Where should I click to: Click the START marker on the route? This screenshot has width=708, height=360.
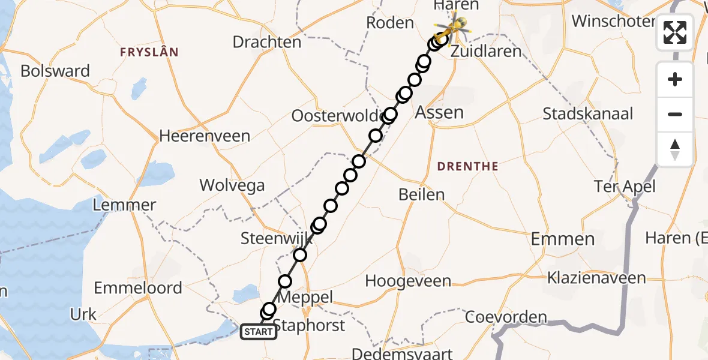[x=259, y=331]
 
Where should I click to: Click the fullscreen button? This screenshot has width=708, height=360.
[x=675, y=32]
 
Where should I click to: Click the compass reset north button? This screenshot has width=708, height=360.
[x=675, y=149]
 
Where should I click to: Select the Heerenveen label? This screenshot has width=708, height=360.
[x=205, y=136]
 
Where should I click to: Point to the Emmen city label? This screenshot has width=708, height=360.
[x=563, y=239]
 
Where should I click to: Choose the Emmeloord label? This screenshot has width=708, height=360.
[x=138, y=288]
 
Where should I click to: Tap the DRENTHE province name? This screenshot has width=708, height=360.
[x=467, y=166]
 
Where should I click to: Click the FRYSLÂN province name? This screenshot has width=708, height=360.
[x=149, y=52]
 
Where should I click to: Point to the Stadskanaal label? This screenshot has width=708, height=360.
[x=588, y=114]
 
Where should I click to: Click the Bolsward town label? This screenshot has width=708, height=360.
[x=55, y=71]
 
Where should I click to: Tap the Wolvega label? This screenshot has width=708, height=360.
[x=232, y=185]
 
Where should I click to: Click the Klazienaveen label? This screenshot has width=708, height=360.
[x=596, y=278]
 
